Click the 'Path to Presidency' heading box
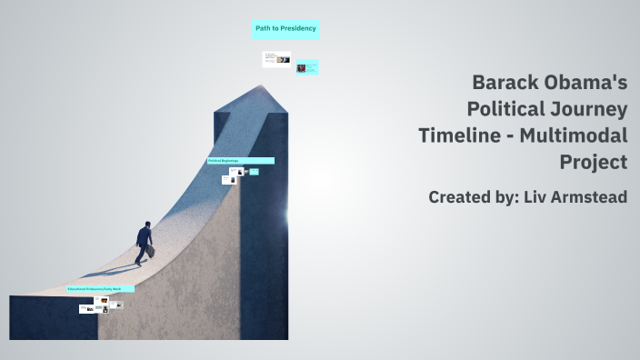(x=285, y=29)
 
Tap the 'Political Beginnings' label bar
(x=240, y=161)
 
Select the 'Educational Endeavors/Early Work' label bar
(x=100, y=289)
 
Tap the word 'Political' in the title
(x=507, y=109)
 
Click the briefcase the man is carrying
(x=151, y=252)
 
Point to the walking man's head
(x=146, y=225)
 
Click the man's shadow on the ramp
(x=109, y=270)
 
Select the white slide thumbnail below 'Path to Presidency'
(x=276, y=60)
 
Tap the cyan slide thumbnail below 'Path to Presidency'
(x=307, y=67)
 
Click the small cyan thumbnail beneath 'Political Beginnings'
(x=254, y=172)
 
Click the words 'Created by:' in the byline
(x=473, y=196)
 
